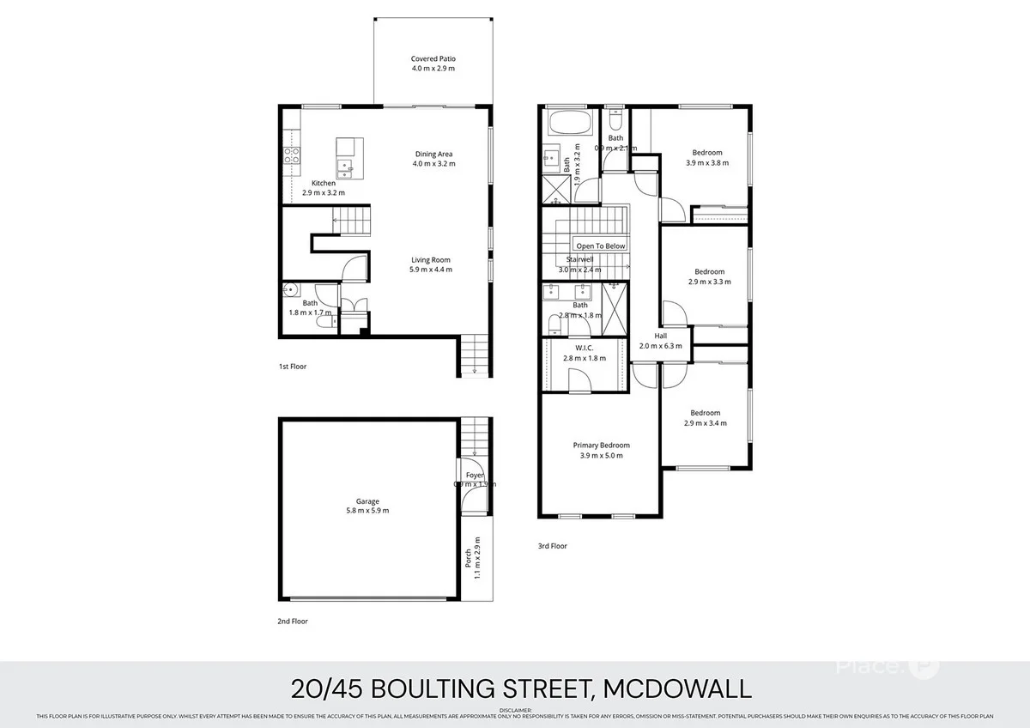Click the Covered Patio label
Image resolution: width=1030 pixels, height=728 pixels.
tap(433, 59)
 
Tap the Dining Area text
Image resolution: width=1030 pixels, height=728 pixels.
tap(433, 155)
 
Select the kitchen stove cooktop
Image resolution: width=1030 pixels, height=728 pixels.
tap(291, 155)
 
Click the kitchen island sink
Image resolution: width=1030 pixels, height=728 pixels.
tap(348, 165)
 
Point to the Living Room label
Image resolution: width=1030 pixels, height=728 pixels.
tap(431, 260)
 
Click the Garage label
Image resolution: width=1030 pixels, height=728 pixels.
tap(367, 501)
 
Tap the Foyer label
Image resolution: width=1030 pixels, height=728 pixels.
tap(475, 475)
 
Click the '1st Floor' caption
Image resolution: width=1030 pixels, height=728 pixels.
tap(292, 367)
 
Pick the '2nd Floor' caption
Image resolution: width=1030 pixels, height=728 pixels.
tap(292, 621)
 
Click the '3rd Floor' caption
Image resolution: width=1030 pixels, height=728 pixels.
tap(553, 545)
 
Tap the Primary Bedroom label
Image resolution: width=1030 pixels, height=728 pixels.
tap(601, 446)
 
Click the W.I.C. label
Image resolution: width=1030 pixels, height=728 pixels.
tap(584, 348)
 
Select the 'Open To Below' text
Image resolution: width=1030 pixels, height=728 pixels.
tap(601, 246)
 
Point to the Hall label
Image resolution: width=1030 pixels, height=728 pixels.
tap(660, 336)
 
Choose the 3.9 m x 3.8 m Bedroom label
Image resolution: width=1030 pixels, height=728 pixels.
tap(707, 153)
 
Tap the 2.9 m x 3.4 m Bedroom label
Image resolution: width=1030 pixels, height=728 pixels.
tap(705, 412)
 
